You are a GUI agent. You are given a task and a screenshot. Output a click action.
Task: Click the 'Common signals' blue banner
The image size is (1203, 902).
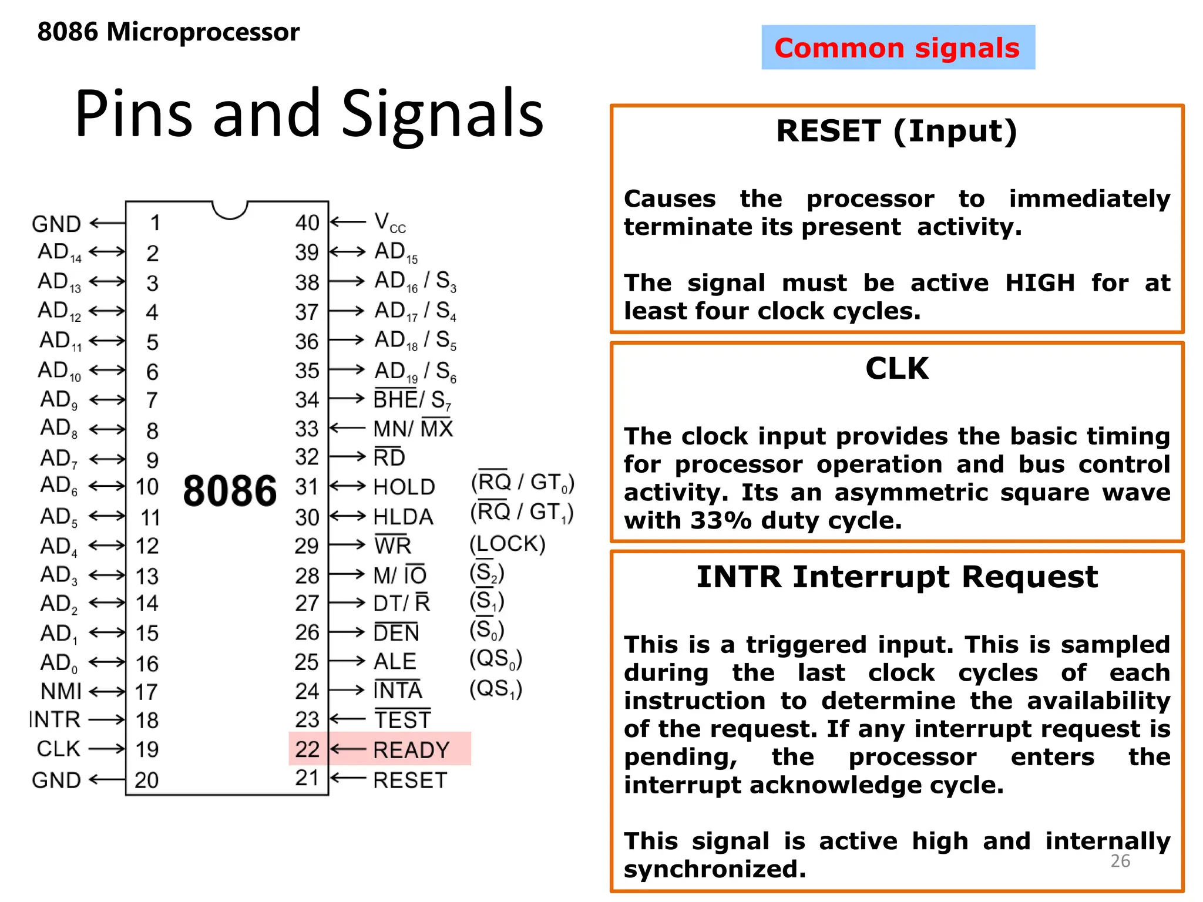[x=898, y=48]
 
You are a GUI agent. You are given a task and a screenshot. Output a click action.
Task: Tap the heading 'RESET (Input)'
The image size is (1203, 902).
[x=896, y=131]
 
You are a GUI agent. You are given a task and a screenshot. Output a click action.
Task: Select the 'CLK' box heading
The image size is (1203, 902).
[x=896, y=369]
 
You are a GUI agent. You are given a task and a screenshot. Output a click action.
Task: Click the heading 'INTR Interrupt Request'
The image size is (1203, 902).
[x=896, y=577]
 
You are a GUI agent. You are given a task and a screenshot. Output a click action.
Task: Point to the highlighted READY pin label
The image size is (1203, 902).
[x=411, y=750]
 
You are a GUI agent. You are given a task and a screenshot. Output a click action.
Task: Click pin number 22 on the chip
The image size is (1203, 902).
[x=307, y=749]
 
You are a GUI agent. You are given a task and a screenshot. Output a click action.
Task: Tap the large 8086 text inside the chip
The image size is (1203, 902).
[x=230, y=491]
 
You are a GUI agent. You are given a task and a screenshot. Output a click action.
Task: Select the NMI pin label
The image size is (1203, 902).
[x=61, y=692]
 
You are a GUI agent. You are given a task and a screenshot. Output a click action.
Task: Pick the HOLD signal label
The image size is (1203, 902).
[x=404, y=487]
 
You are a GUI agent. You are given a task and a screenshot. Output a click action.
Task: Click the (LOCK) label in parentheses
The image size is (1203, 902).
[x=508, y=544]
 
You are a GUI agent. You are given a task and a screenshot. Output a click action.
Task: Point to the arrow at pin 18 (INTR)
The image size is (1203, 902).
[x=106, y=720]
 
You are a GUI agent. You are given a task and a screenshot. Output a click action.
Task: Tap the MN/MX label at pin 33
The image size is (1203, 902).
[x=414, y=429]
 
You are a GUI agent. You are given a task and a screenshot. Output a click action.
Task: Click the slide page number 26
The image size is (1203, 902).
[x=1120, y=861]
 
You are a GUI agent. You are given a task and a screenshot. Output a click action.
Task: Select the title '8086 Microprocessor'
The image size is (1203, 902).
[x=168, y=32]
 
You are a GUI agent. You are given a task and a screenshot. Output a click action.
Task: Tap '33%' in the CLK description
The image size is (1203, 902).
[x=721, y=521]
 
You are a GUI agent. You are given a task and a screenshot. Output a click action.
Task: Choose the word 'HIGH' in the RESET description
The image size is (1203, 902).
[x=1040, y=283]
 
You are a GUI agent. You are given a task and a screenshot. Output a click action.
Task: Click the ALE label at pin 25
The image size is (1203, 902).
[x=395, y=662]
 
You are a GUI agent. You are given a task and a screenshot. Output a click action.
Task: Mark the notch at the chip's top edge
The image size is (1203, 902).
[x=230, y=210]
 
